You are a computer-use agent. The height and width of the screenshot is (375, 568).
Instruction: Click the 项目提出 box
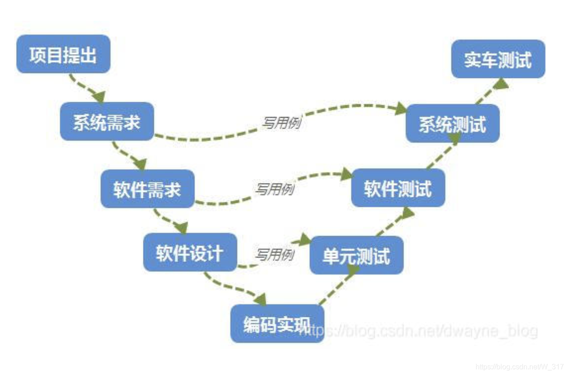click(x=63, y=54)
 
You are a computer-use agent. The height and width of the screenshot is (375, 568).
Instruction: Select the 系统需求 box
click(x=107, y=121)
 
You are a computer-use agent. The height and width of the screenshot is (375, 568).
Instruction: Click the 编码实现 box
click(x=277, y=324)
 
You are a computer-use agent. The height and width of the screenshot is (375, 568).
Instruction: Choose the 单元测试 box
click(x=356, y=255)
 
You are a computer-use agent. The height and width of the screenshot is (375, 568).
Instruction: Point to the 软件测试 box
click(x=398, y=187)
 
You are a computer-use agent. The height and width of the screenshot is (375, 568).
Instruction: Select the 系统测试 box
click(x=453, y=123)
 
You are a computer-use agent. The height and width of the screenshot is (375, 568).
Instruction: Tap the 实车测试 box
click(x=498, y=59)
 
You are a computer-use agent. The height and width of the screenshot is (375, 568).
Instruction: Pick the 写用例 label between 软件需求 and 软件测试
click(x=275, y=189)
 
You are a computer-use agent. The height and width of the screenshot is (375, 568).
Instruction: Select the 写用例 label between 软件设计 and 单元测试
click(x=275, y=255)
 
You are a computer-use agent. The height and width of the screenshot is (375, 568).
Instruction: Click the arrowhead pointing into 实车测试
click(x=502, y=84)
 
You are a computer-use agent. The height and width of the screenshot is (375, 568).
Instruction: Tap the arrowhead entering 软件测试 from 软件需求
click(x=347, y=174)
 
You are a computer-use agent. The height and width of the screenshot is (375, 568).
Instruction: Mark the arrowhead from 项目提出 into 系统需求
click(x=99, y=96)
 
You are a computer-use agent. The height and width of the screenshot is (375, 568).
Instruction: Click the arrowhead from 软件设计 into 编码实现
click(x=260, y=299)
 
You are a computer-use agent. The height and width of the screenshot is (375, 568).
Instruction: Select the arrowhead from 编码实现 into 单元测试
click(x=353, y=269)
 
